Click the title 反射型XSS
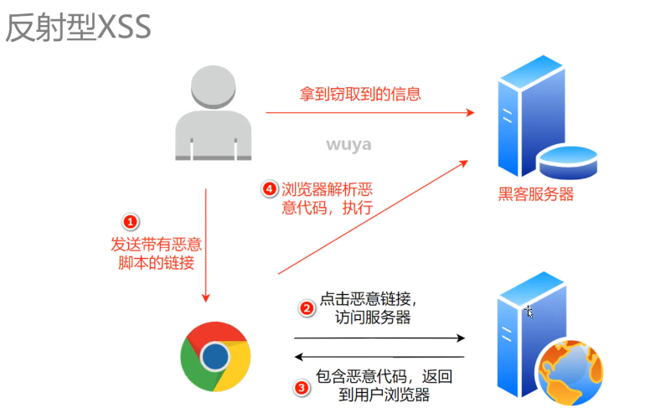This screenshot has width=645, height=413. pyautogui.click(x=78, y=28)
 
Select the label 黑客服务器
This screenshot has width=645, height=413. pyautogui.click(x=536, y=195)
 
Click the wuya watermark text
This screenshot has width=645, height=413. pyautogui.click(x=348, y=145)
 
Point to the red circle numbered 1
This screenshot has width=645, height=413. pyautogui.click(x=131, y=222)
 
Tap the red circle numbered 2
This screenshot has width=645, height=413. pyautogui.click(x=307, y=307)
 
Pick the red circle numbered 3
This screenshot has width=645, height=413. pyautogui.click(x=302, y=387)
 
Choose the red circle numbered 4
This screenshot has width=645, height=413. pyautogui.click(x=269, y=190)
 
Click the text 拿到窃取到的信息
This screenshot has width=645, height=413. pyautogui.click(x=361, y=94)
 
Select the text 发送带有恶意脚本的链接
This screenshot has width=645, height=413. pyautogui.click(x=157, y=253)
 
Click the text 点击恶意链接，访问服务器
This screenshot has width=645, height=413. pyautogui.click(x=369, y=307)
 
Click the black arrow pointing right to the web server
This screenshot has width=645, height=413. pyautogui.click(x=379, y=338)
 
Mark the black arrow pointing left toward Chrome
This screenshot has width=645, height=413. pyautogui.click(x=379, y=357)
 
